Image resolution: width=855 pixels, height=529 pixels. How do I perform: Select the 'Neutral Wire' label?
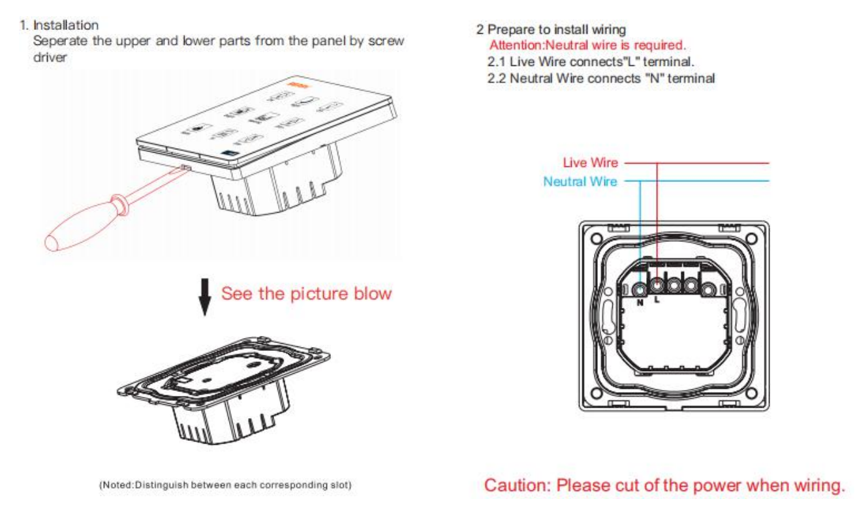click(580, 181)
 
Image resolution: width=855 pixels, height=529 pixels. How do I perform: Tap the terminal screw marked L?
click(657, 286)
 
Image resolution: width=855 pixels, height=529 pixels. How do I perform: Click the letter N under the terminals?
click(640, 302)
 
